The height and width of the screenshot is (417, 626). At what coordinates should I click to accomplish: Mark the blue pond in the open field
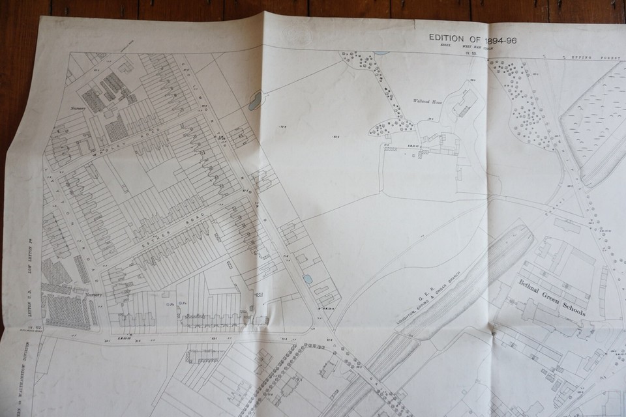pyautogui.click(x=255, y=100)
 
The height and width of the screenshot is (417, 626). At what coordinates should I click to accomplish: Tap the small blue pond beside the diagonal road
pyautogui.click(x=307, y=278)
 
